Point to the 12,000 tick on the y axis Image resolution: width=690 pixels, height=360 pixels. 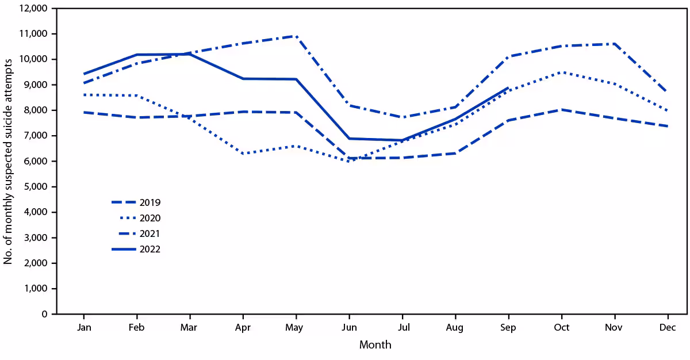click(33, 9)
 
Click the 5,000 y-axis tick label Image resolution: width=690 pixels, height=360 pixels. click(36, 187)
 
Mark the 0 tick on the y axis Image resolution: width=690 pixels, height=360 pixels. click(44, 314)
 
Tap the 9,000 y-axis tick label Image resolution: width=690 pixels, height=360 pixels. click(36, 85)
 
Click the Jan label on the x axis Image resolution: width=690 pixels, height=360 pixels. click(84, 327)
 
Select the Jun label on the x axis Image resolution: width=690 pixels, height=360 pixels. click(349, 327)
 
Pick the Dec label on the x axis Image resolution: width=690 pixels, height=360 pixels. click(668, 327)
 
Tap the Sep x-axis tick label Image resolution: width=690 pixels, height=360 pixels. click(508, 327)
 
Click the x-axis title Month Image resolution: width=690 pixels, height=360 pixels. click(375, 345)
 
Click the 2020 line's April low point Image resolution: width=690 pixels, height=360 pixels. click(243, 154)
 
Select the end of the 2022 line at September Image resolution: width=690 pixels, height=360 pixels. click(508, 88)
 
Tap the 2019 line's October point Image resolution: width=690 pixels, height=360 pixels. click(562, 109)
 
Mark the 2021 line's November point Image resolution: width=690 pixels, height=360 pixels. click(615, 44)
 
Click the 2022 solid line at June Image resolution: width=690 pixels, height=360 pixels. click(349, 139)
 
